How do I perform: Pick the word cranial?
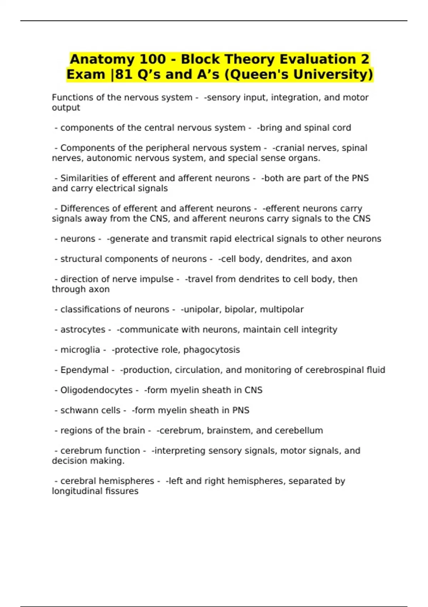[x=288, y=148]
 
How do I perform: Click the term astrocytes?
[x=83, y=330]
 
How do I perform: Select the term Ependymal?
[x=84, y=370]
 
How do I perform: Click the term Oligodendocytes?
[x=96, y=390]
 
